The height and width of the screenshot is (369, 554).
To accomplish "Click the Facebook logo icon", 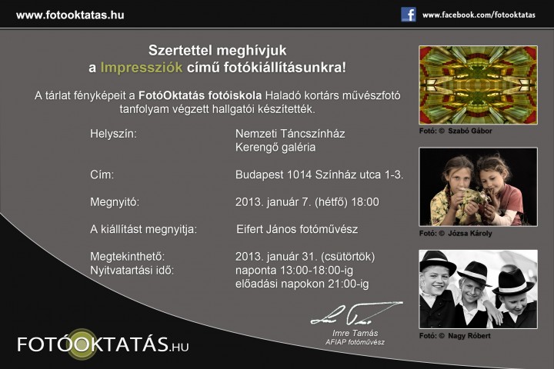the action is [x=409, y=15].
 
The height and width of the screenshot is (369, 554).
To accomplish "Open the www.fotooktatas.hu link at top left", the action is [x=70, y=15].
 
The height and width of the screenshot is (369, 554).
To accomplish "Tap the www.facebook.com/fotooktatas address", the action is [x=479, y=15].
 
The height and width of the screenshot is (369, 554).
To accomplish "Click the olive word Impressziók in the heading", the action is [x=142, y=67].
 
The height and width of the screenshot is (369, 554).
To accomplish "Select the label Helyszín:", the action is [x=113, y=134].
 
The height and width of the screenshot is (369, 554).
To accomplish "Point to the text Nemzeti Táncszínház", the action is [x=290, y=134].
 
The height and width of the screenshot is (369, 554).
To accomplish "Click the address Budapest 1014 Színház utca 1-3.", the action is [x=319, y=175].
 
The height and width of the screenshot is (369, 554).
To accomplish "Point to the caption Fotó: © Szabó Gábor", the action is [x=456, y=131].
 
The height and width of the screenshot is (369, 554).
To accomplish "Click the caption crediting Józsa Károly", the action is [x=456, y=234].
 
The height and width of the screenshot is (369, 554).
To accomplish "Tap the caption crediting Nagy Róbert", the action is [x=455, y=336].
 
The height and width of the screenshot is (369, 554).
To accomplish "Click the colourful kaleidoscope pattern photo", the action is [x=478, y=85].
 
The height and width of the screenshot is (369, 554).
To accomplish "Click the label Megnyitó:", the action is [x=115, y=202].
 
